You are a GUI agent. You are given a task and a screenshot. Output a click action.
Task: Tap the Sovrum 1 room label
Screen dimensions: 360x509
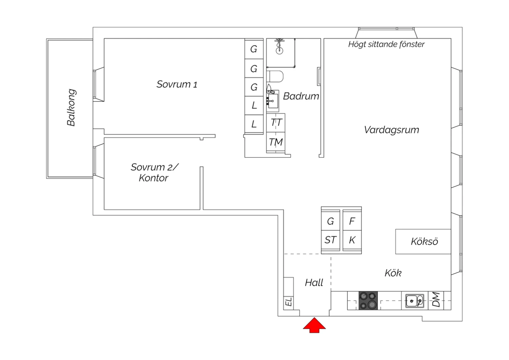177,84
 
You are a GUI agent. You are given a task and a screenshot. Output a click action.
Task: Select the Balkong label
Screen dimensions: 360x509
71,108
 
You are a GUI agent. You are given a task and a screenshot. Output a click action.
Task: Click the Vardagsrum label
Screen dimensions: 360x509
391,130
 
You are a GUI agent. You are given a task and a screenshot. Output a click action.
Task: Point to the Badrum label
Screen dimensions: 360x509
301,96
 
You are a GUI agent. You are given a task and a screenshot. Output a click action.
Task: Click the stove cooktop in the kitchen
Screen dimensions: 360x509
368,301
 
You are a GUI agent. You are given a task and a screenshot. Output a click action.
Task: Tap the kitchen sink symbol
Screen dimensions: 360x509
415,301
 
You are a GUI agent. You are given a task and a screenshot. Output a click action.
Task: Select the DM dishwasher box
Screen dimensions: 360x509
436,300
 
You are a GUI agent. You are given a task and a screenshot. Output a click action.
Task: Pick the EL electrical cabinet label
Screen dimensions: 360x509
288,302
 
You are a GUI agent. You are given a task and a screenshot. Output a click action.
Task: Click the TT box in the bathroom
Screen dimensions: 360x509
276,123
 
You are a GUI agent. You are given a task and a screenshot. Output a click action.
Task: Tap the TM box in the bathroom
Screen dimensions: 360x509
276,142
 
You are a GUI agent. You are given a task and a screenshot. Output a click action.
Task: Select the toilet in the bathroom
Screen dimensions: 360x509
275,77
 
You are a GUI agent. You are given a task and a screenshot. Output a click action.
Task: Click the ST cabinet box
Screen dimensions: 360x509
330,240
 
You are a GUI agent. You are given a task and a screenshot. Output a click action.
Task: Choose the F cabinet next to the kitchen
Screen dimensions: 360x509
352,221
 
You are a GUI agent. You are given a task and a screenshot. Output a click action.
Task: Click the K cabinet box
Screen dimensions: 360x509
352,240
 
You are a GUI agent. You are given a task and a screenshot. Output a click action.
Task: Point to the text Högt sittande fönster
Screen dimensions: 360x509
386,44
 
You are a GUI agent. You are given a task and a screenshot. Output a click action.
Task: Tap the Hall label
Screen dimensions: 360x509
314,283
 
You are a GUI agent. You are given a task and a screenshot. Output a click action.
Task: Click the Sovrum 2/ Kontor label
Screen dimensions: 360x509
154,173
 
